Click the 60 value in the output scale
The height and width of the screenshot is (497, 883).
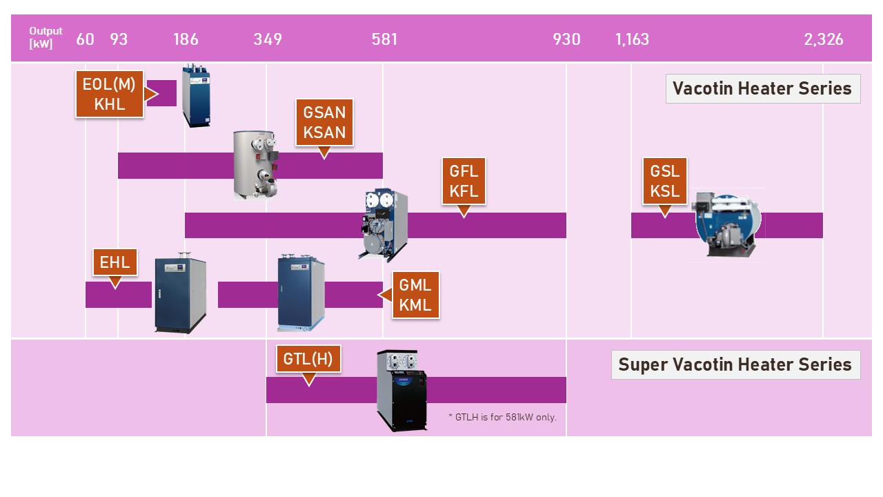(85, 39)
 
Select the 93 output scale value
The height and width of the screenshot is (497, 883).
(119, 39)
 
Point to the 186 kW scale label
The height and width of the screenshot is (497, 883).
(186, 39)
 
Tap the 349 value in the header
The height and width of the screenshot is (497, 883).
(268, 39)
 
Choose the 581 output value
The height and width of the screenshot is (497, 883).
(384, 39)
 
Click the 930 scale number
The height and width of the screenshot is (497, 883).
(566, 39)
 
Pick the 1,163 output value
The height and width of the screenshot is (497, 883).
(632, 39)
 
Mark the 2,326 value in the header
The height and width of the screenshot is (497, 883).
(823, 39)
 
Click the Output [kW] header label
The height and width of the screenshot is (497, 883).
(46, 38)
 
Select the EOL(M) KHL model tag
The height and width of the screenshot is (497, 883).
(110, 94)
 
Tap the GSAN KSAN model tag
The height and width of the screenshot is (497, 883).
(324, 122)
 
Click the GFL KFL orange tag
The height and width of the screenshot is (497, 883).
(464, 182)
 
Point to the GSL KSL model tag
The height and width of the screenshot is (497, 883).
(665, 181)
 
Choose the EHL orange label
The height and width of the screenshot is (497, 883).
(115, 262)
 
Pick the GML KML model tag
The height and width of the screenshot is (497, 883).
(415, 295)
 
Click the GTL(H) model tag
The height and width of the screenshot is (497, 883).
(308, 358)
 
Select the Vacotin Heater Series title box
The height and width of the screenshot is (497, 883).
(762, 88)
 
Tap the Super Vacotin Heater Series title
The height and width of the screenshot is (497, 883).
(735, 364)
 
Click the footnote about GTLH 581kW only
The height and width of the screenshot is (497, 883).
(502, 417)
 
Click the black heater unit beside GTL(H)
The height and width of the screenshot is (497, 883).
(402, 391)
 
